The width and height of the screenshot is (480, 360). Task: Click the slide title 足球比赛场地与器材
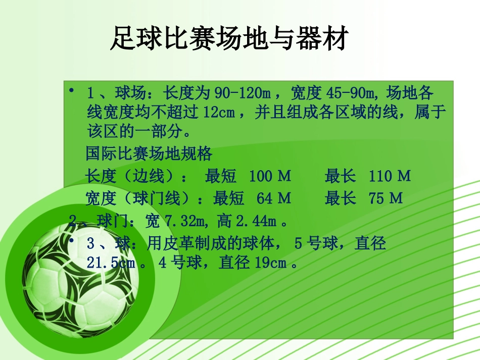coord(228,39)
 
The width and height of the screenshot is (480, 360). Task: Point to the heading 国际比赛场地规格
coord(149,153)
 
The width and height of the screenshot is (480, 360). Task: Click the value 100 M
coord(270,176)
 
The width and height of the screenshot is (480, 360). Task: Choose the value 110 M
coord(390,176)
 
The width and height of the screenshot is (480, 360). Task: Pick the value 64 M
coord(273,198)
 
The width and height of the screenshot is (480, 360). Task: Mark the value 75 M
coord(386,198)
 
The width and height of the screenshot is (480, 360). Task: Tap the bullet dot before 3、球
coord(72,241)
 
